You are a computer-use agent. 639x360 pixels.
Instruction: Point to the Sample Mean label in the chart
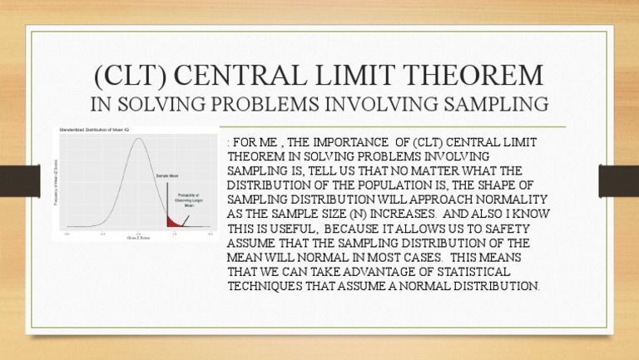point(166,177)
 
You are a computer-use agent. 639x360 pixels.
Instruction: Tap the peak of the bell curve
point(138,142)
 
